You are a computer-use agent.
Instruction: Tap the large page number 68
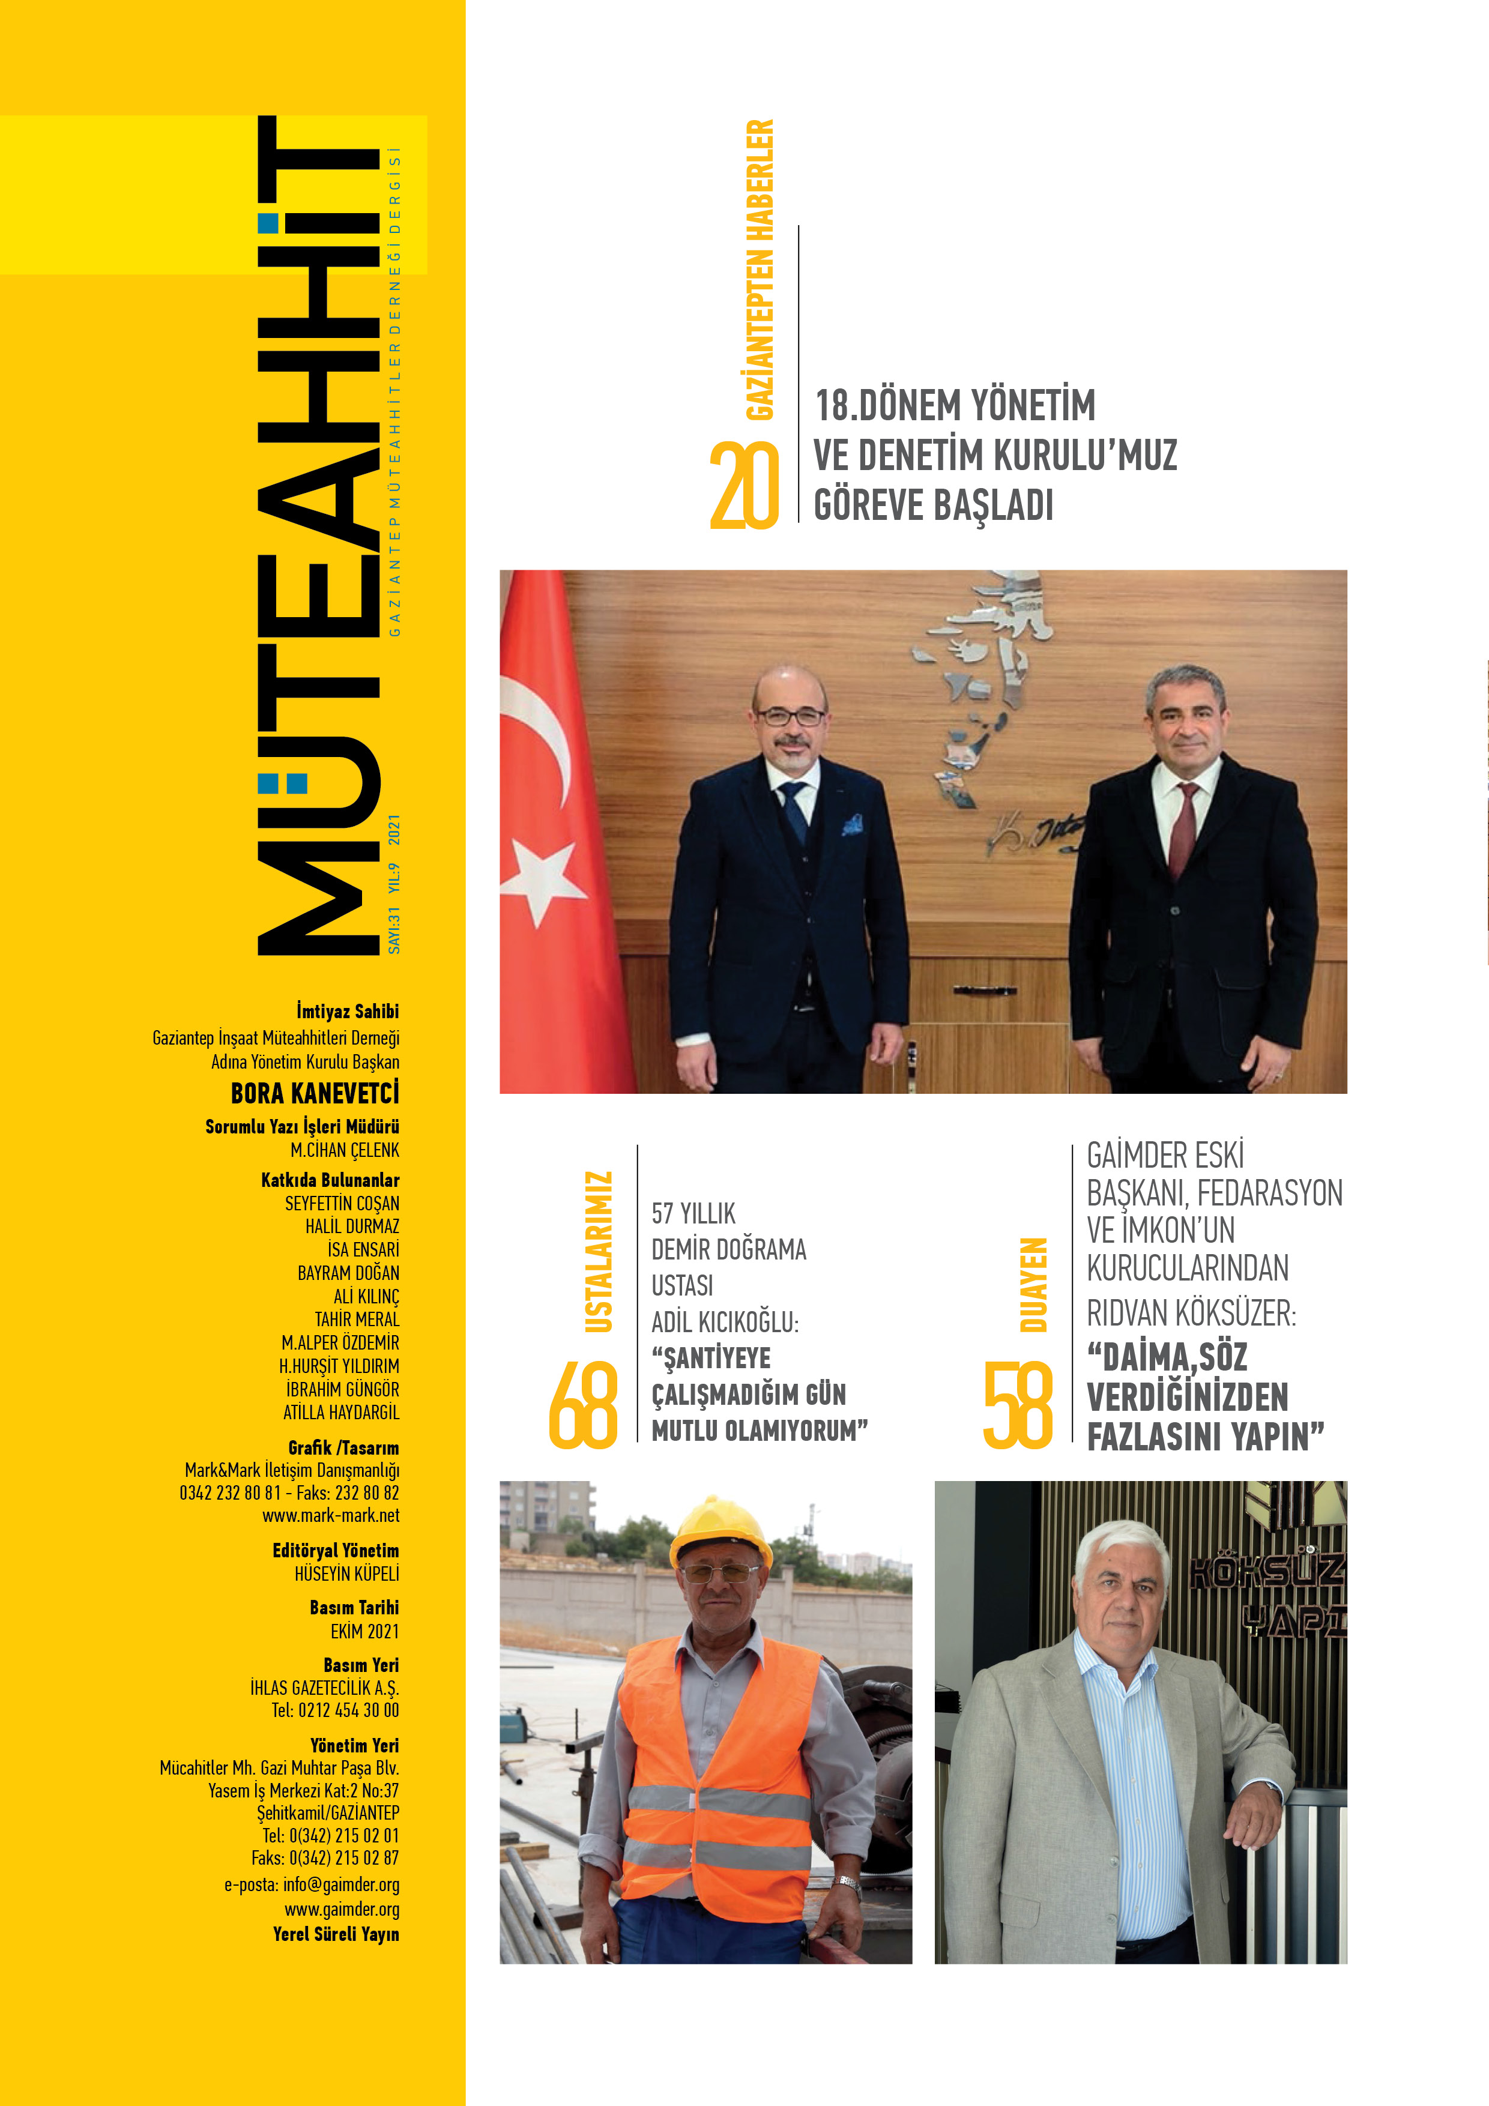click(x=584, y=1405)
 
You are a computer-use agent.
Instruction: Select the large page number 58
click(x=1018, y=1405)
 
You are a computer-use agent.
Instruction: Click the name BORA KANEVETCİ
click(x=315, y=1093)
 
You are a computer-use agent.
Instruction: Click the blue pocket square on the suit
click(x=853, y=824)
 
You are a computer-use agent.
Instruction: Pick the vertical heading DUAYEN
click(x=1033, y=1284)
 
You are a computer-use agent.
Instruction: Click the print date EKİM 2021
click(x=364, y=1631)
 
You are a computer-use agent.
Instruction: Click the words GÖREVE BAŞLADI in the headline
click(x=933, y=505)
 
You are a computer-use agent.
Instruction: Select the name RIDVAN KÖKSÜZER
click(x=1190, y=1314)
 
